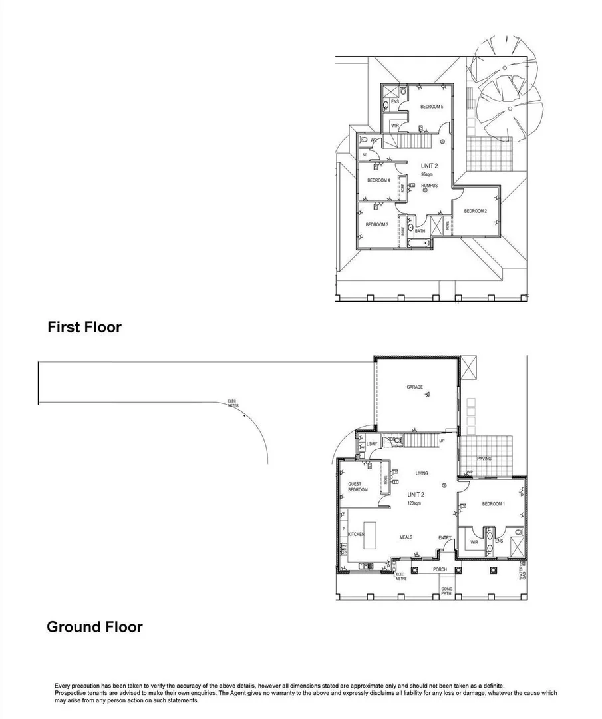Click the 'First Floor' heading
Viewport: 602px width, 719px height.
(x=84, y=327)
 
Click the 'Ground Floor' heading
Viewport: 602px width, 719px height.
(x=94, y=626)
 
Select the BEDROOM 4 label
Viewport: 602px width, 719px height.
(x=378, y=180)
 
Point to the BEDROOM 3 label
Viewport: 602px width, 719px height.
(x=376, y=224)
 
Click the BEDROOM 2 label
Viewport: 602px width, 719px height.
(x=476, y=211)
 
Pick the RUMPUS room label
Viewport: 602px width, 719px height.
(x=430, y=185)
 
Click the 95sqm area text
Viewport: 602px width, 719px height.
(x=427, y=174)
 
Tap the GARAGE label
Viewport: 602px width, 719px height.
(x=415, y=387)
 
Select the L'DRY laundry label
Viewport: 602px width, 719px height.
(x=371, y=444)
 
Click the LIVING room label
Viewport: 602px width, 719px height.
(x=422, y=473)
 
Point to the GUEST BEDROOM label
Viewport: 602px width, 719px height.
(x=357, y=487)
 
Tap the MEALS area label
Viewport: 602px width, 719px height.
(x=406, y=537)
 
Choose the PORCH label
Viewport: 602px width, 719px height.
(x=440, y=569)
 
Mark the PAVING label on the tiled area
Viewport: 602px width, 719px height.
(x=484, y=459)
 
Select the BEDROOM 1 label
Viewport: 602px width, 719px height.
(x=493, y=504)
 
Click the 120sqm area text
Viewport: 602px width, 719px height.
(x=414, y=503)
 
